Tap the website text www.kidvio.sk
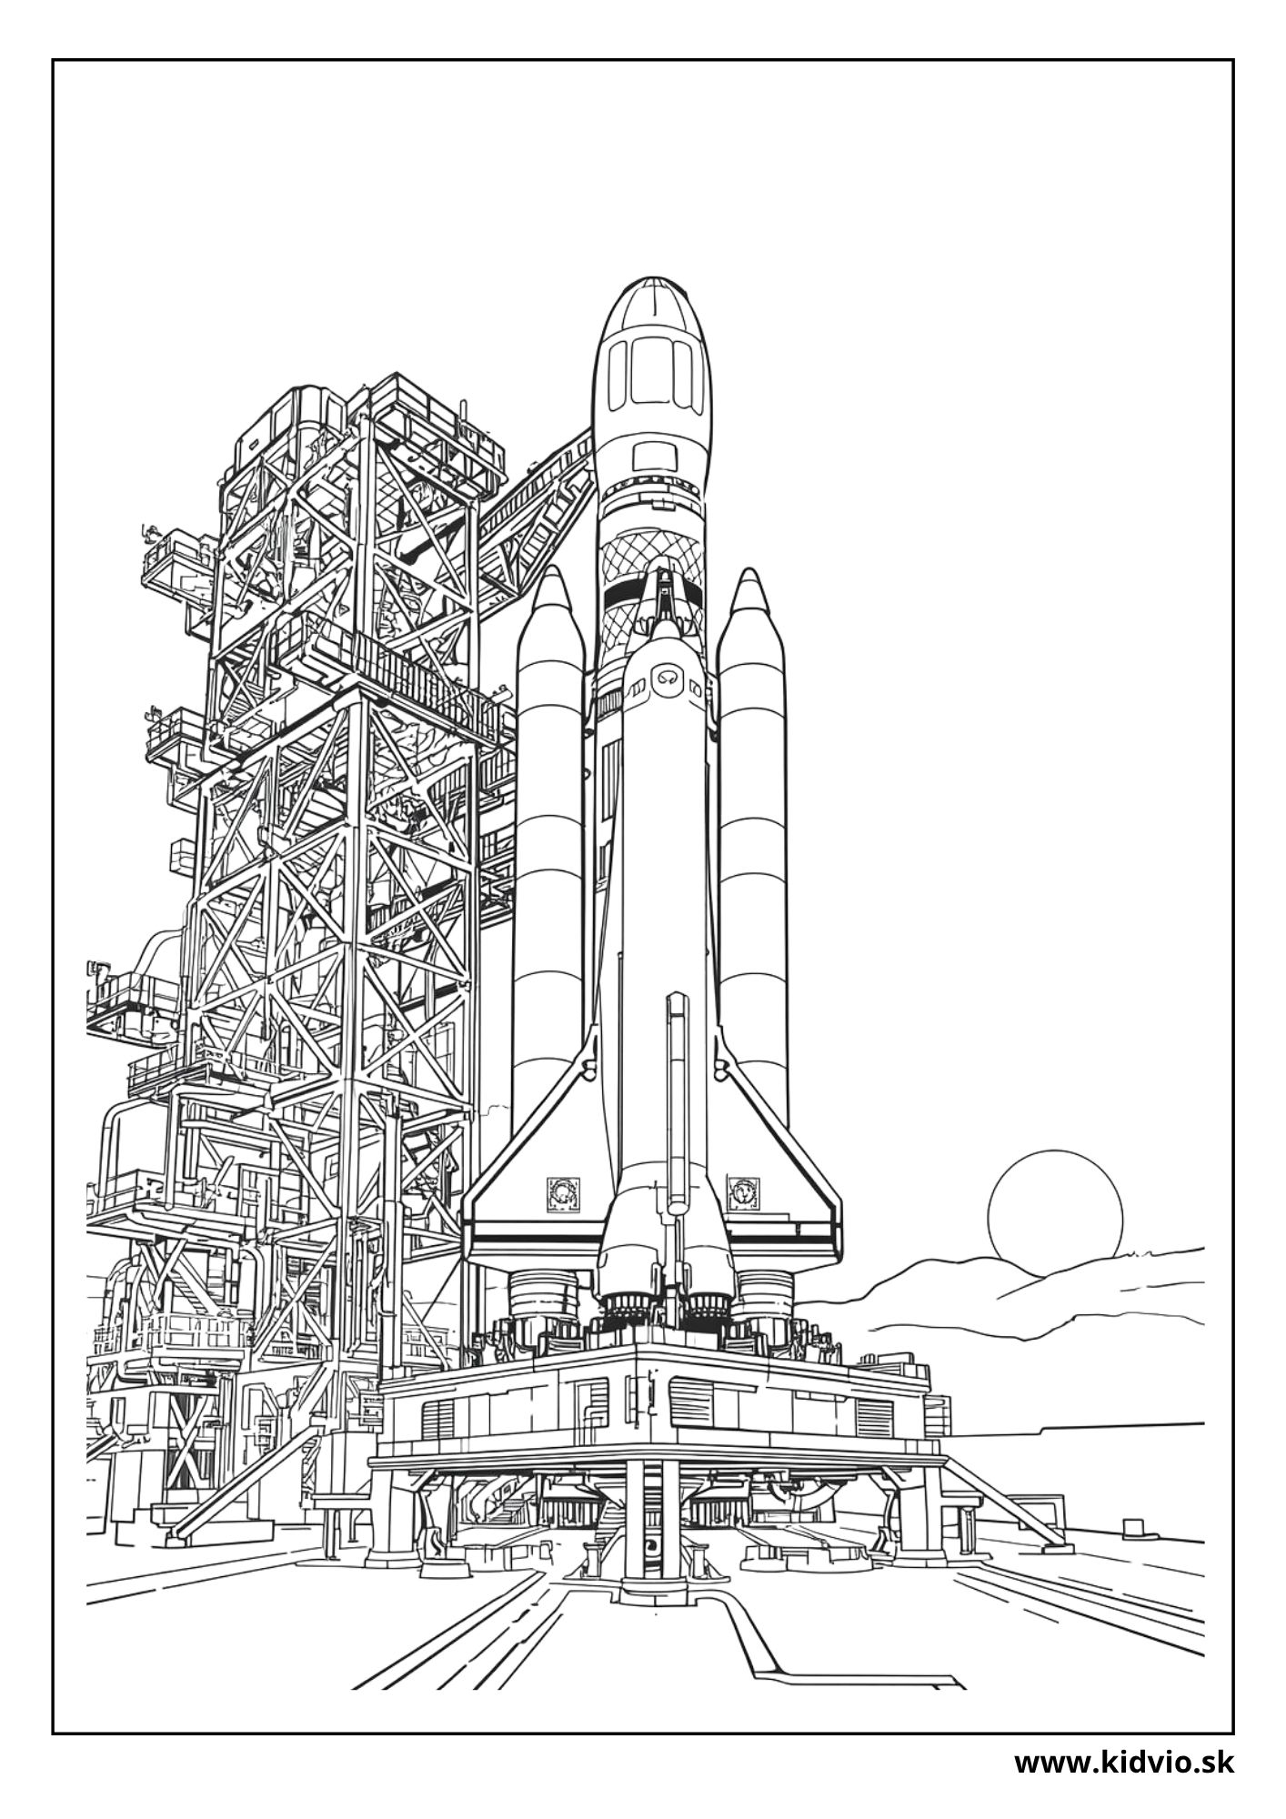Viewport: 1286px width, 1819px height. point(1124,1763)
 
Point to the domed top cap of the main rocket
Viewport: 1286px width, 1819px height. point(650,305)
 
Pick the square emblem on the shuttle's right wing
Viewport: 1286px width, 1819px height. point(742,1191)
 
